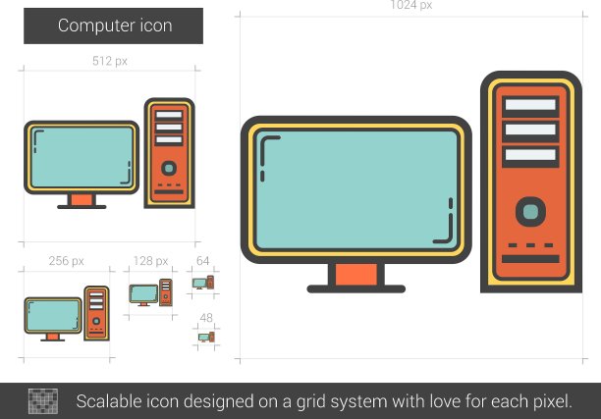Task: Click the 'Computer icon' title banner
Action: (x=114, y=26)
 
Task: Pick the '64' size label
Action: (x=202, y=261)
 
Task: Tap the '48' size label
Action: (x=206, y=318)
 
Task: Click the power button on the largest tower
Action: (x=530, y=211)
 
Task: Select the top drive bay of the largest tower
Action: (x=530, y=105)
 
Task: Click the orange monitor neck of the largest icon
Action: (x=356, y=274)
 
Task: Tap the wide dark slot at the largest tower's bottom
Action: (x=530, y=259)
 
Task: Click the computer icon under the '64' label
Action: (x=203, y=283)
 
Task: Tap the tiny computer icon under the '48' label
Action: (x=206, y=337)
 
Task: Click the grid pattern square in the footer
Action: (x=43, y=401)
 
